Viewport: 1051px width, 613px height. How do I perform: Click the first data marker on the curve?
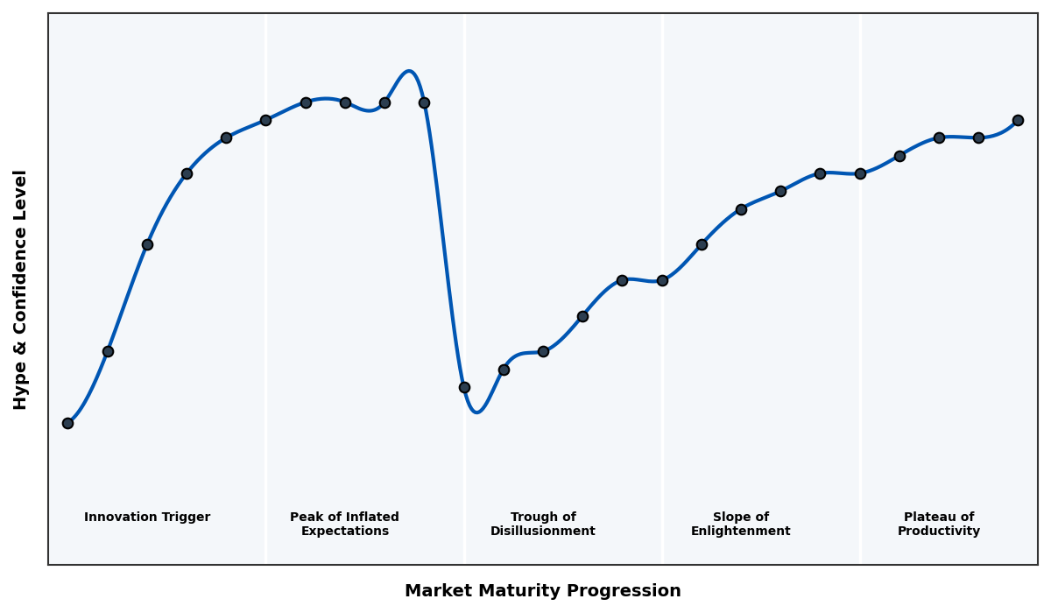point(67,423)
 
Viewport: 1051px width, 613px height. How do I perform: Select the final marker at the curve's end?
point(1018,120)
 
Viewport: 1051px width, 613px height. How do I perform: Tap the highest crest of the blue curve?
point(409,72)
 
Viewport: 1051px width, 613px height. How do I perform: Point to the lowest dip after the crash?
point(476,412)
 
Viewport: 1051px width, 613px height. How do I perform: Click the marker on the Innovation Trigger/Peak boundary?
point(265,120)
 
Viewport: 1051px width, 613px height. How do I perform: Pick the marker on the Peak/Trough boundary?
point(464,387)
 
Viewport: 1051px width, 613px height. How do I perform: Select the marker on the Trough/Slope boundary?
point(662,280)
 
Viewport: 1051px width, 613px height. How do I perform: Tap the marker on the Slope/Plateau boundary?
point(860,173)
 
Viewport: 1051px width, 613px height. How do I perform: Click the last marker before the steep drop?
point(424,102)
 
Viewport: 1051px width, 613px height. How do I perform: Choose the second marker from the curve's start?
point(108,351)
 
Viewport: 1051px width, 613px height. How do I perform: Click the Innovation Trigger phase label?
point(147,518)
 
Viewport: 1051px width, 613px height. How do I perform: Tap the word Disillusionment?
point(543,532)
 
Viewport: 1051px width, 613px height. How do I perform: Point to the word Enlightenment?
point(741,532)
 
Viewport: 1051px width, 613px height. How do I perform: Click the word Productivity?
point(939,532)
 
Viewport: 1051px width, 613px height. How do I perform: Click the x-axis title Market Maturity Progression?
point(543,591)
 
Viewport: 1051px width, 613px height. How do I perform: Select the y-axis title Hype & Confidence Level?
point(21,289)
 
